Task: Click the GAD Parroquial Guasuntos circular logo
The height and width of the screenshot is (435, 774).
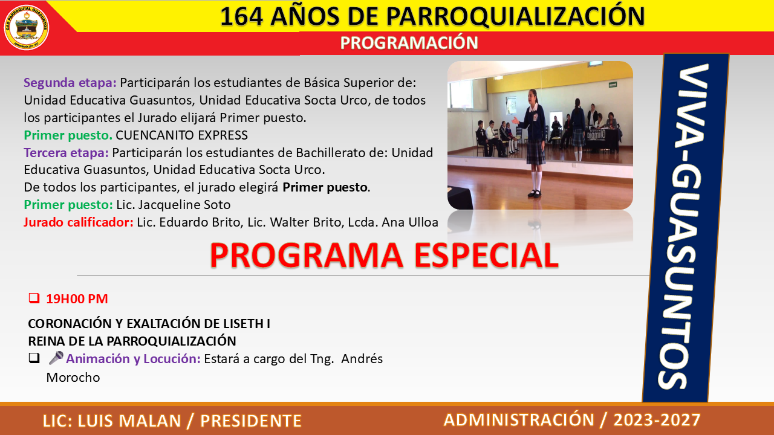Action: (x=26, y=28)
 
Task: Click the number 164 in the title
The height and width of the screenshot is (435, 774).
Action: (x=241, y=16)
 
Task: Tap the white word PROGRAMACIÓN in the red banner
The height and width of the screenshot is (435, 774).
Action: (x=409, y=43)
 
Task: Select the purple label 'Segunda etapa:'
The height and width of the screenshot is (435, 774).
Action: (x=70, y=83)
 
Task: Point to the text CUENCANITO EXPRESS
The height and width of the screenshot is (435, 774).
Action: (x=182, y=135)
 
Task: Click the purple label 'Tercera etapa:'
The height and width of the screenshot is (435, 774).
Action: (x=67, y=153)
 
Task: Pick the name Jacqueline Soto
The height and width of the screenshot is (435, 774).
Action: (x=184, y=205)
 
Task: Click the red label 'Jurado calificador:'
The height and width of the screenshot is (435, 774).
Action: (x=79, y=222)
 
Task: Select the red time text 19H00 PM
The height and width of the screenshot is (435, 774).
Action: (x=77, y=298)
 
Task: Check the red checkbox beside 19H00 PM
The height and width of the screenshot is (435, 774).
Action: (x=34, y=298)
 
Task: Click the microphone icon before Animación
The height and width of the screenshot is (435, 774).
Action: (x=56, y=358)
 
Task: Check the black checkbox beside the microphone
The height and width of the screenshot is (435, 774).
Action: (x=34, y=358)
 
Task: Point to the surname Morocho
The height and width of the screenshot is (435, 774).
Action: (x=73, y=378)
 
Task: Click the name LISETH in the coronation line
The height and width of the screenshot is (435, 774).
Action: (x=244, y=323)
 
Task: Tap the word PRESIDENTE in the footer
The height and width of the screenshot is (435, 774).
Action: (x=251, y=421)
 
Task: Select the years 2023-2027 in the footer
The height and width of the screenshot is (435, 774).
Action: (x=657, y=420)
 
